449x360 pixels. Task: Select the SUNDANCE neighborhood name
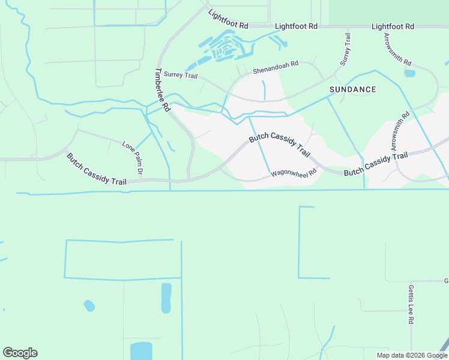point(353,89)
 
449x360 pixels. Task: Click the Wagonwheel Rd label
point(294,173)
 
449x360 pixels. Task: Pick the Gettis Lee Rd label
point(411,304)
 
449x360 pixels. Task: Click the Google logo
point(20,353)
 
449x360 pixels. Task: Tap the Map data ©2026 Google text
point(412,355)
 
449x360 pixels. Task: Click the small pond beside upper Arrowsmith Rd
point(409,74)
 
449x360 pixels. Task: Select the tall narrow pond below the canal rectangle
point(166,298)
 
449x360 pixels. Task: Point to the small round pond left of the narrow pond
point(89,305)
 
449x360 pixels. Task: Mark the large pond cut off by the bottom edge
point(141,350)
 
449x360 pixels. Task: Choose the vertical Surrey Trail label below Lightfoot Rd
point(345,49)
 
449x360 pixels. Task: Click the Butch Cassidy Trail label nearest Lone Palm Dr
point(97,169)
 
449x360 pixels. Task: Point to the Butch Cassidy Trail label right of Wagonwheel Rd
point(376,164)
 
